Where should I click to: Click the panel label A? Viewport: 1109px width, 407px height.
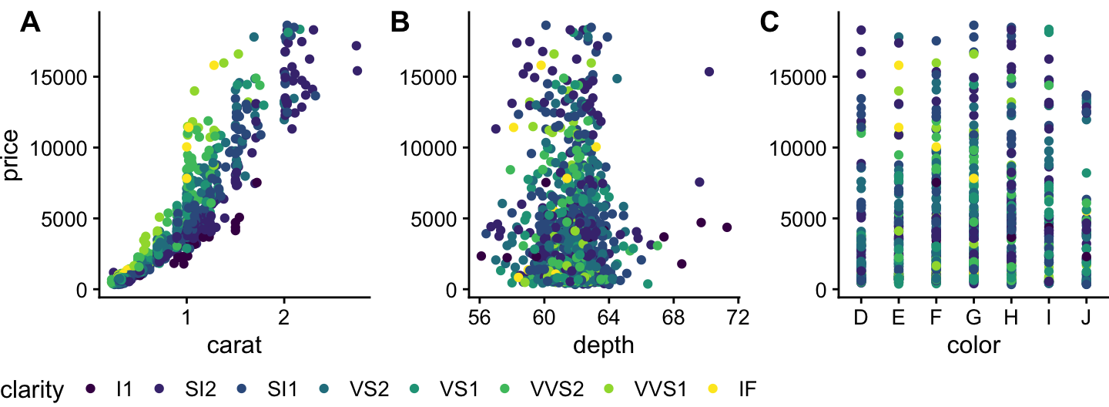pyautogui.click(x=30, y=23)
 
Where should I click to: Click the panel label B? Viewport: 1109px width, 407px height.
pyautogui.click(x=400, y=23)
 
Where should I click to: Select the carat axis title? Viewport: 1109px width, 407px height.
pyautogui.click(x=235, y=345)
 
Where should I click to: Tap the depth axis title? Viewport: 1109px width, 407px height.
pyautogui.click(x=604, y=345)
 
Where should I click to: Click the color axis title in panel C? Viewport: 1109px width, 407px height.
pyautogui.click(x=973, y=345)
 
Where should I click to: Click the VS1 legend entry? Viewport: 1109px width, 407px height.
pyautogui.click(x=457, y=390)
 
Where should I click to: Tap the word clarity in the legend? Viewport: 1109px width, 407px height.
pyautogui.click(x=32, y=390)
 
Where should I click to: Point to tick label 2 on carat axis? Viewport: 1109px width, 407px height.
pyautogui.click(x=284, y=317)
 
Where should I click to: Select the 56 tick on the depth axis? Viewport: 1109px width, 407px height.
pyautogui.click(x=479, y=317)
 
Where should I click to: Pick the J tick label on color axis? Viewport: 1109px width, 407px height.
pyautogui.click(x=1085, y=317)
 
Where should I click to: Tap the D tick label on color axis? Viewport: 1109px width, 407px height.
pyautogui.click(x=861, y=317)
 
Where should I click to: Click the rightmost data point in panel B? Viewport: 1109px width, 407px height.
pyautogui.click(x=727, y=227)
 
